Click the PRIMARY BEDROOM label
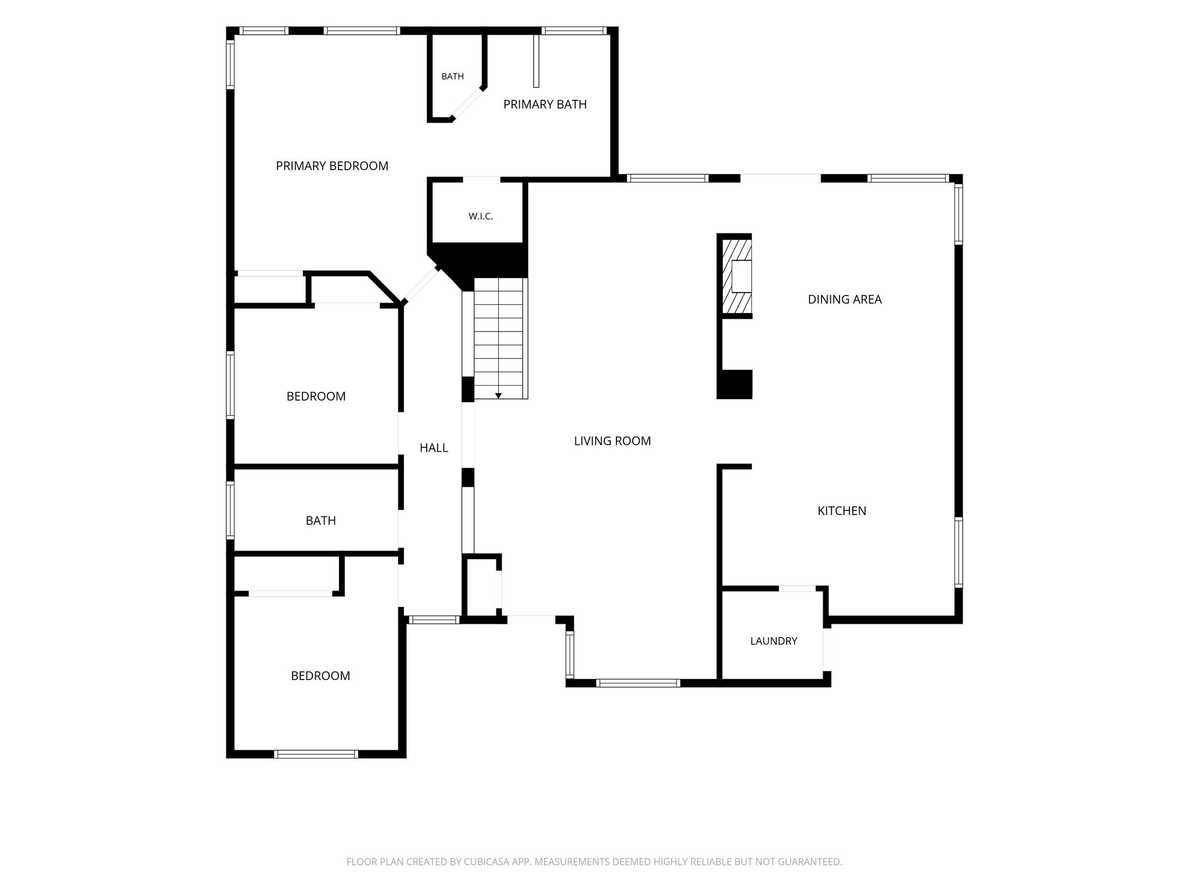click(332, 166)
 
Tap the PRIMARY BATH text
click(545, 105)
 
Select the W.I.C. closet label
click(481, 217)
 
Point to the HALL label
click(434, 448)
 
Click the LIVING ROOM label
click(612, 441)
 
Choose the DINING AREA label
click(845, 300)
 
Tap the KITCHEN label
click(842, 511)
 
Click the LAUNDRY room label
click(774, 641)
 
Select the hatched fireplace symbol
click(736, 276)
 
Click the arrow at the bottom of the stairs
click(498, 396)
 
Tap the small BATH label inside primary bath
click(453, 77)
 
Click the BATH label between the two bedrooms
click(320, 521)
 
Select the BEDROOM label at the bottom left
click(320, 676)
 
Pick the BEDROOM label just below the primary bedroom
click(316, 397)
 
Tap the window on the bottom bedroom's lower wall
click(316, 754)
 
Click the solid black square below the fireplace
click(735, 384)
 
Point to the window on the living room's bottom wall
click(638, 684)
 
